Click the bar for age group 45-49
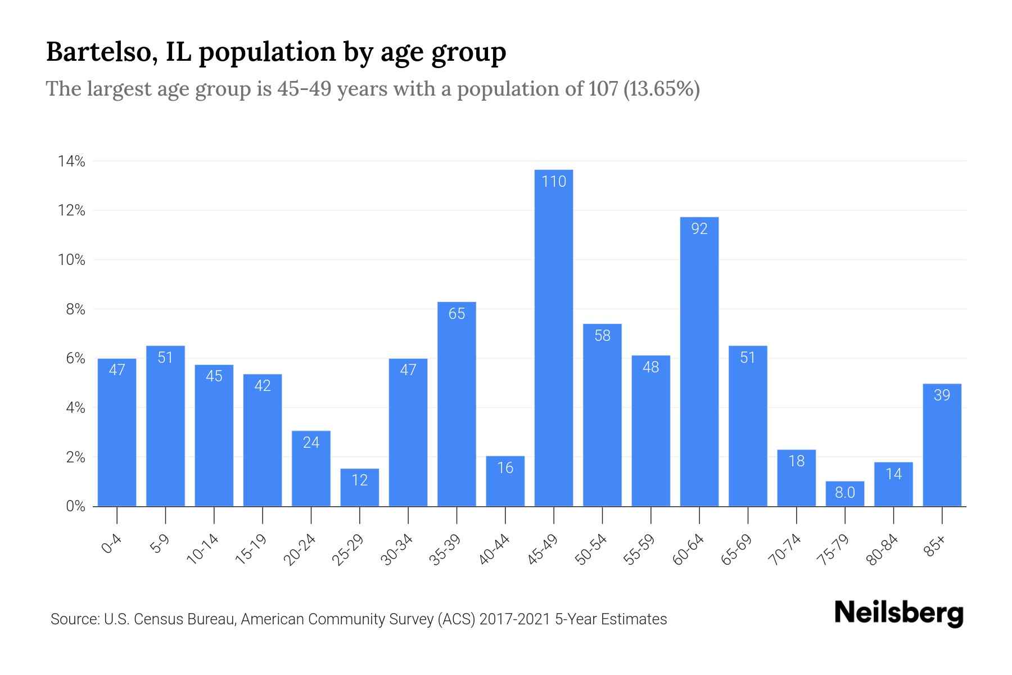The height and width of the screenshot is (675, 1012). [x=554, y=337]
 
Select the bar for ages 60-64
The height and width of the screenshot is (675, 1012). [x=699, y=361]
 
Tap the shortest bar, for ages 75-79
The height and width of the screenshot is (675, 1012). [x=844, y=494]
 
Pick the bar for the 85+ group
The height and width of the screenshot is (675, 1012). [x=942, y=444]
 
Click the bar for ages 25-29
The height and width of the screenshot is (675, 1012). [x=359, y=487]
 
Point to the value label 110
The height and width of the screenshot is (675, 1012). [x=554, y=182]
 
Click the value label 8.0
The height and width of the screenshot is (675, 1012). [x=844, y=493]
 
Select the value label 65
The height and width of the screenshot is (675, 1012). [x=457, y=314]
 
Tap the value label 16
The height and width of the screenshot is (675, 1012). [x=505, y=468]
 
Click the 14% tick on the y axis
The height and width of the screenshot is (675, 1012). [x=71, y=162]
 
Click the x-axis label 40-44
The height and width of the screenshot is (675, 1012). [x=494, y=550]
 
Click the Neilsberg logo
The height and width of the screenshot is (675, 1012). [x=898, y=614]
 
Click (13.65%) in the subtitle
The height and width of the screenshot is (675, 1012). [x=662, y=89]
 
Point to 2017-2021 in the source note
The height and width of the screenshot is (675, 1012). [x=516, y=619]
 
